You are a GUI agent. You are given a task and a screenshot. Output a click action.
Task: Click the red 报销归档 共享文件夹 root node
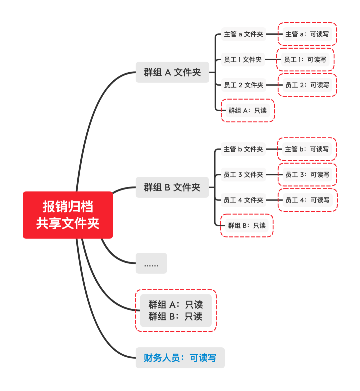tap(68, 215)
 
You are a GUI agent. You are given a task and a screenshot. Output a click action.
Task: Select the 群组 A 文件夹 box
tap(172, 72)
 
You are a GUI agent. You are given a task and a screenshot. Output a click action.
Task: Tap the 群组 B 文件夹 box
tap(172, 188)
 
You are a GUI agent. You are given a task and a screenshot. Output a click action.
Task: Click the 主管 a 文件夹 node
tap(243, 34)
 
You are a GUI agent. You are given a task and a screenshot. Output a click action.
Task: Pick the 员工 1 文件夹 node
tap(243, 60)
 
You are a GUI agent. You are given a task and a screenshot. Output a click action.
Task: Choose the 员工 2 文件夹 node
tap(243, 85)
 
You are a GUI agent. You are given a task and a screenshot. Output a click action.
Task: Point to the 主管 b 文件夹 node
tap(243, 149)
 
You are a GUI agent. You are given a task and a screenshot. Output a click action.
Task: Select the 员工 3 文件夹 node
tap(243, 175)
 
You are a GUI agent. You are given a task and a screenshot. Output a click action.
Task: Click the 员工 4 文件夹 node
tap(243, 200)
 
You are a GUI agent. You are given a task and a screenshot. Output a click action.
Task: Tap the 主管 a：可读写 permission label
tap(307, 34)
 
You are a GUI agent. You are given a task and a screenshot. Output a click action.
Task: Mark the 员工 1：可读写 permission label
tap(305, 60)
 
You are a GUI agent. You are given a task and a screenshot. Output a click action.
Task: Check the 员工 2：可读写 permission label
tap(307, 85)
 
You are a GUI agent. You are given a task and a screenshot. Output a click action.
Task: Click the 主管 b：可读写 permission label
tap(307, 149)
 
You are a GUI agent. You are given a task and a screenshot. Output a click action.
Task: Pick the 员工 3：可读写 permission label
tap(307, 175)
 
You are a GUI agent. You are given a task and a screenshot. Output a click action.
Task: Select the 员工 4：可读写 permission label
tap(307, 200)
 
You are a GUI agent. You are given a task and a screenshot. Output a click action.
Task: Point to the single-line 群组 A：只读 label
tap(247, 111)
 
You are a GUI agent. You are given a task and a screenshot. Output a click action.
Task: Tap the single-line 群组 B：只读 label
tap(247, 225)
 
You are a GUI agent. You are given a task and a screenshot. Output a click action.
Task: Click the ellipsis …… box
tap(151, 263)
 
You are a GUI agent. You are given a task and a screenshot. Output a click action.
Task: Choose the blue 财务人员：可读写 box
tap(180, 358)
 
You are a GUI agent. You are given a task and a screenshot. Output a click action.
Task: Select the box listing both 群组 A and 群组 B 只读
tap(176, 310)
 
